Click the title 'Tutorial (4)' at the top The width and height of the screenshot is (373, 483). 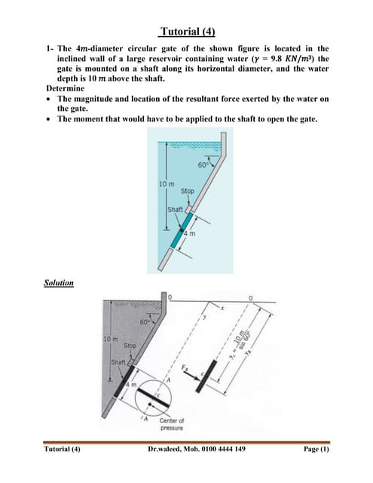(x=188, y=32)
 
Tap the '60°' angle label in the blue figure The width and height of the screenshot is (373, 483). (x=204, y=165)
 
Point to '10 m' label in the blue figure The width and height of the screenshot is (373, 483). (x=167, y=185)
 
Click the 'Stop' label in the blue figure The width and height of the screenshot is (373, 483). (x=187, y=192)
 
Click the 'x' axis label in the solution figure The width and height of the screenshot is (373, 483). (x=223, y=308)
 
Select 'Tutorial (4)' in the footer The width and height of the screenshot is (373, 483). (x=63, y=449)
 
